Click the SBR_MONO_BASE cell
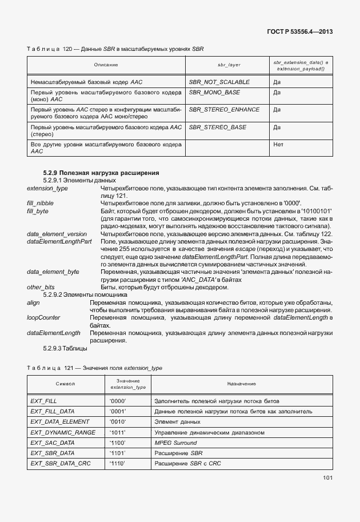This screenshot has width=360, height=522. click(214, 92)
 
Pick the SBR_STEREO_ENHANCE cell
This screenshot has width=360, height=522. click(224, 109)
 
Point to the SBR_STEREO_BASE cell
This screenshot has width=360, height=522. click(217, 127)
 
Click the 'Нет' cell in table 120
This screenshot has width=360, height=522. click(278, 145)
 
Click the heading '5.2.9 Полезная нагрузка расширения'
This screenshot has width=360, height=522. click(101, 173)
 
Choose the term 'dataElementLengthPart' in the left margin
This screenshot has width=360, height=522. click(59, 242)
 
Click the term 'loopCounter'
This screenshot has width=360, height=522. click(43, 317)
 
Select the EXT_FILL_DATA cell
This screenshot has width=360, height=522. click(53, 411)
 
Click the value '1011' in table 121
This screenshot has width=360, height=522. click(117, 432)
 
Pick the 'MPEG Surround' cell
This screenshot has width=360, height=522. click(175, 443)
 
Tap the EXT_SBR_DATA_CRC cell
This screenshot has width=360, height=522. click(60, 463)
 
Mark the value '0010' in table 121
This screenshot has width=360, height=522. click(117, 421)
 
